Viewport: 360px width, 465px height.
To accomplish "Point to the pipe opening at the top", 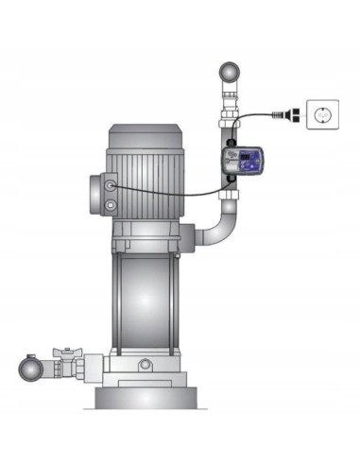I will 230,72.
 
